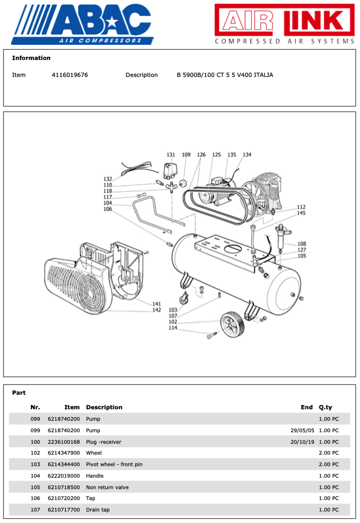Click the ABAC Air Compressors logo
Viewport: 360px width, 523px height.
(x=82, y=24)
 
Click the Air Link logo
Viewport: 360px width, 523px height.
(x=284, y=24)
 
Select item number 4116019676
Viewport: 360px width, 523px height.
(x=70, y=74)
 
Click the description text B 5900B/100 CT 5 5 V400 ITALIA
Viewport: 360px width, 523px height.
(x=224, y=74)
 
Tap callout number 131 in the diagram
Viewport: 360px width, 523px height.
(x=171, y=155)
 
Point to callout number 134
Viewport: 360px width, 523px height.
(x=247, y=155)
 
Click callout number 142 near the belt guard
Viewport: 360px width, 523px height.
(x=157, y=310)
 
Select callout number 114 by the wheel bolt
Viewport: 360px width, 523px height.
(x=172, y=327)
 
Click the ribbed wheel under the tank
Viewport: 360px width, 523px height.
(x=231, y=324)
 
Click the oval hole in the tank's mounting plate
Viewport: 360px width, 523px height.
(x=235, y=249)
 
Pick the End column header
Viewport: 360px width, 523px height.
(x=307, y=407)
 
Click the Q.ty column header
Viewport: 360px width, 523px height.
(x=326, y=407)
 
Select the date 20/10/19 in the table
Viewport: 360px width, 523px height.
(x=303, y=442)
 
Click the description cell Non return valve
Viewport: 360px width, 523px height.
(x=107, y=487)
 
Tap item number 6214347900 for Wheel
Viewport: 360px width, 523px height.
(x=64, y=453)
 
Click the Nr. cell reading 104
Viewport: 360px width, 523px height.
(x=35, y=476)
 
